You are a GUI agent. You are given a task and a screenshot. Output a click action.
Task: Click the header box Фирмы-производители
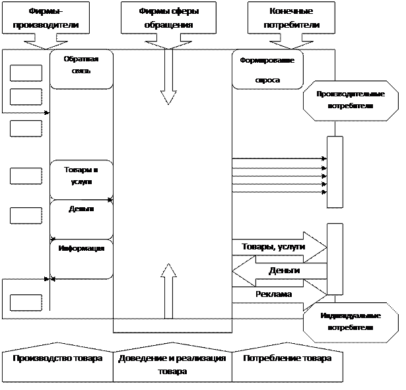click(54, 18)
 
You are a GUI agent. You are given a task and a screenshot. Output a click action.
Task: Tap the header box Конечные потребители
click(285, 18)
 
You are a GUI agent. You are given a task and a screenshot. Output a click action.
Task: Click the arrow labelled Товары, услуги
click(277, 246)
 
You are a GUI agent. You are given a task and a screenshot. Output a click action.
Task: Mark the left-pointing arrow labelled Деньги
click(281, 271)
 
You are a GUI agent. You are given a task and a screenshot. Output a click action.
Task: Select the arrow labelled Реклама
click(277, 294)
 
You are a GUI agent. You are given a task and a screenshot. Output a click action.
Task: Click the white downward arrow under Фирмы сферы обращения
click(168, 76)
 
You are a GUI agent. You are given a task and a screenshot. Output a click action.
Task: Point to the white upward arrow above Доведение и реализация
click(168, 290)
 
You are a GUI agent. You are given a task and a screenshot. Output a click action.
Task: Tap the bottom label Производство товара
click(57, 360)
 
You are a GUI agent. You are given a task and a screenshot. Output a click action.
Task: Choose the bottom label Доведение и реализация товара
click(172, 364)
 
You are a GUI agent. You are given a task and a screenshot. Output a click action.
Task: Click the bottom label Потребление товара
click(287, 360)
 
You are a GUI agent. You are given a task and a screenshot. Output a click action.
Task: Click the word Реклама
click(273, 294)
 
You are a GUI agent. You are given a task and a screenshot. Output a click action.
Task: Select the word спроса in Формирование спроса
click(267, 80)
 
